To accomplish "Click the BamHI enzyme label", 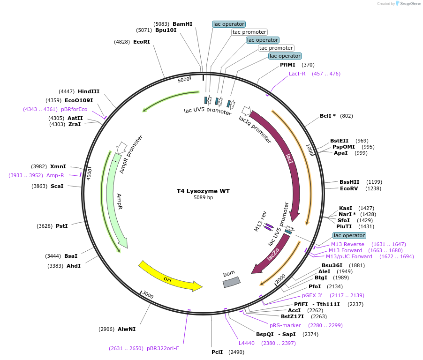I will tap(182, 24).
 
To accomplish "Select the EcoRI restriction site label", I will tap(142, 42).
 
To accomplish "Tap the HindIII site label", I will tap(89, 91).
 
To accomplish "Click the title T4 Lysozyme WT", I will tap(203, 191).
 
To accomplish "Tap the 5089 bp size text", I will tap(203, 198).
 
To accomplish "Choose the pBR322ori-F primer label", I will tap(163, 348).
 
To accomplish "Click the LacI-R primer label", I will tap(297, 74).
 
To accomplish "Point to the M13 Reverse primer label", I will tap(347, 244).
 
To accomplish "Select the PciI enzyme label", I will tap(217, 352).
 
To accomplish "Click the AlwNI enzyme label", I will tap(127, 329).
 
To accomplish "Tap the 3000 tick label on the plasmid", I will tap(148, 295).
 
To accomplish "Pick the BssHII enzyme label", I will tap(349, 182).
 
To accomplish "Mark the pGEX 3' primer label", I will tap(313, 295).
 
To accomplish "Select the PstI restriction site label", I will tap(62, 226).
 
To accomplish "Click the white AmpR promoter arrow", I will tap(121, 148).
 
